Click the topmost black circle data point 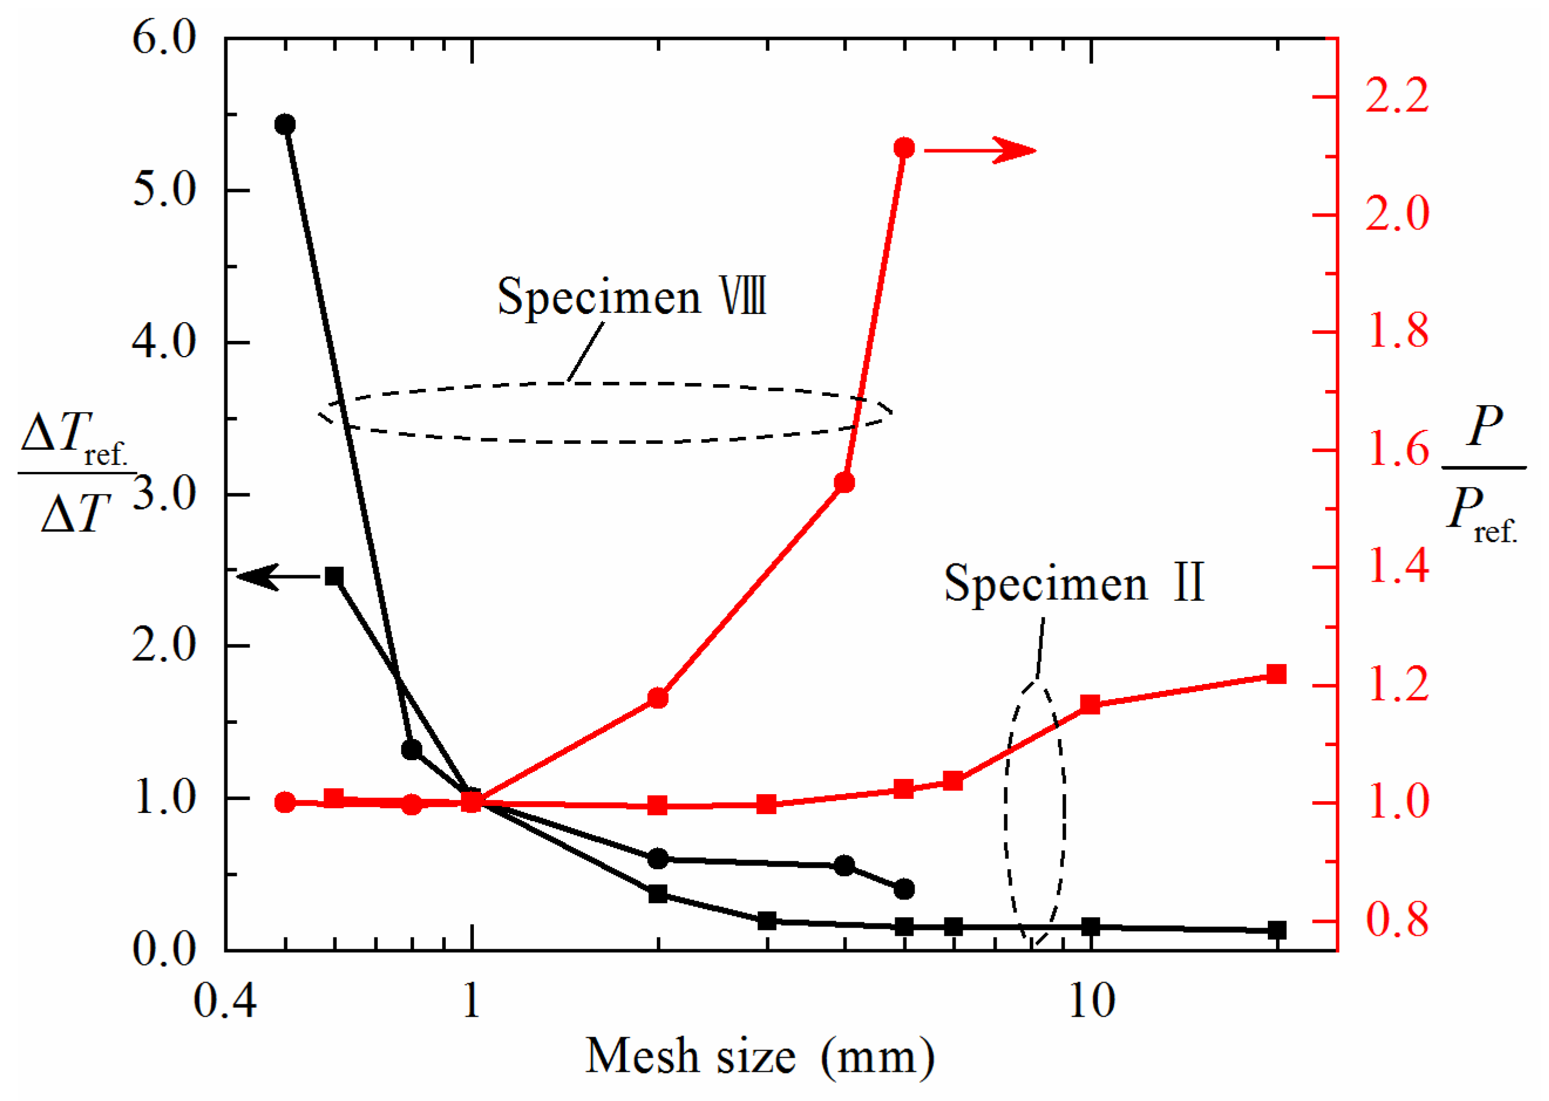pos(285,124)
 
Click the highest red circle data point pos(904,148)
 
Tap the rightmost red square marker pos(1277,674)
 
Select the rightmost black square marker pos(1277,929)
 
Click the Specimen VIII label pos(632,297)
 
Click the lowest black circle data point pos(904,889)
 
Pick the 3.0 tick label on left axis pos(164,494)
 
